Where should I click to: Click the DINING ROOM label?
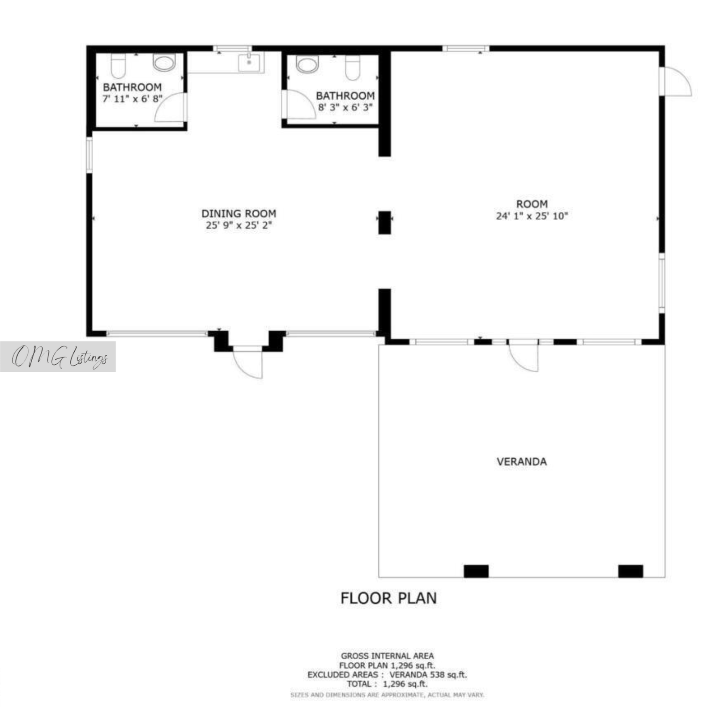coord(239,213)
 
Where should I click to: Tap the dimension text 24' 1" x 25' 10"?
coord(532,216)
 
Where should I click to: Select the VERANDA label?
coord(522,461)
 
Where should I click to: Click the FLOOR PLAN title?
coord(388,598)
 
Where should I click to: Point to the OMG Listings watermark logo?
coord(58,357)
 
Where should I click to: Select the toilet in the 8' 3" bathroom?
coord(353,68)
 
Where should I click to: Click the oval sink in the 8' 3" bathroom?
coord(307,64)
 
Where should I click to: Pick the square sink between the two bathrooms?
coord(249,62)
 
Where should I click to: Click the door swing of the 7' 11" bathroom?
coord(170,107)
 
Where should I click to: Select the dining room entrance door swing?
coord(247,362)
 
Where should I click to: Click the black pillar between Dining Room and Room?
coord(384,222)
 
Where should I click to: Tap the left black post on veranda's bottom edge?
coord(476,571)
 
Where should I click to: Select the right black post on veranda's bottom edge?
coord(631,571)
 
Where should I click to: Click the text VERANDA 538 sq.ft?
coord(428,674)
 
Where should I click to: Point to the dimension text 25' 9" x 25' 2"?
coord(239,225)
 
